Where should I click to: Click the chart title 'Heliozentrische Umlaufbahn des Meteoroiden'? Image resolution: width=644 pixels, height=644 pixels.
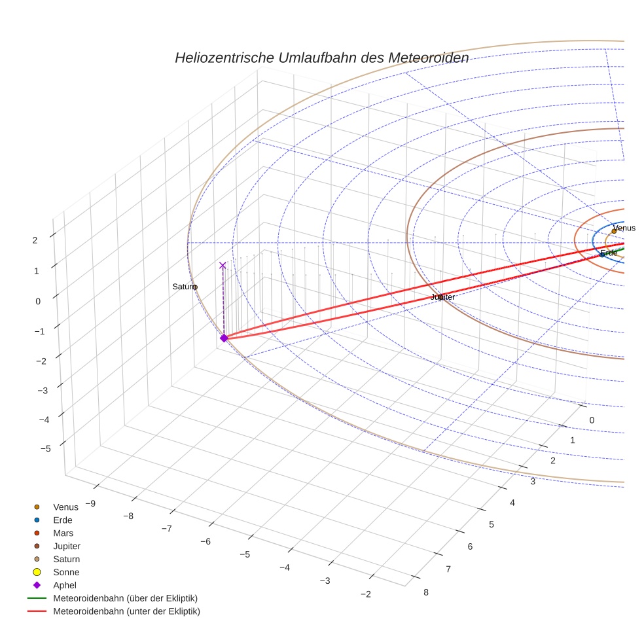tap(321, 58)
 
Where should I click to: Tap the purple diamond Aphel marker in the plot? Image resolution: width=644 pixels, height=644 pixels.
tap(224, 338)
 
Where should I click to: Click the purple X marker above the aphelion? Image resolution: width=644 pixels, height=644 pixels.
tap(223, 265)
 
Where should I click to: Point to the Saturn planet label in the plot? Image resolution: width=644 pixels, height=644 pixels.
tap(184, 287)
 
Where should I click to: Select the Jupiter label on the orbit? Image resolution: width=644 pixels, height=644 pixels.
tap(442, 297)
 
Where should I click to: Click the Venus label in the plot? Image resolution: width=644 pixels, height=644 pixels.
tap(624, 228)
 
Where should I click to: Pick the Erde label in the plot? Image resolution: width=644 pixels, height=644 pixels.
tap(609, 253)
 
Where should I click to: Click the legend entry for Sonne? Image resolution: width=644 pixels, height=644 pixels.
tap(66, 572)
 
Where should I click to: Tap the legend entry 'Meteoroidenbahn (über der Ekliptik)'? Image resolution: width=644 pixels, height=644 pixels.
tap(125, 598)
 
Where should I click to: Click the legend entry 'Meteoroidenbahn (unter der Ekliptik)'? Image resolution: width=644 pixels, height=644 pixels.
tap(126, 611)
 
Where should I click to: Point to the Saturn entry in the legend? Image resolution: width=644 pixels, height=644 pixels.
tap(66, 559)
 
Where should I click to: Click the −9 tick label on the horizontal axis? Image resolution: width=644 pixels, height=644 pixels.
tap(90, 503)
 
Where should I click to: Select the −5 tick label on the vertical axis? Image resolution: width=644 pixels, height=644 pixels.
tap(46, 448)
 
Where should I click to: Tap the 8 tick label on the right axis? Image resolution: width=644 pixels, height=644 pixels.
tap(426, 592)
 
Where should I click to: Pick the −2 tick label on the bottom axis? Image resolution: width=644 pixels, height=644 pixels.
tap(365, 594)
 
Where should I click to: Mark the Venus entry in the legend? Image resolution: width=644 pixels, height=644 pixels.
tap(65, 507)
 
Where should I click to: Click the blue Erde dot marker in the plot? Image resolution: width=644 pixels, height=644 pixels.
tap(602, 254)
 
